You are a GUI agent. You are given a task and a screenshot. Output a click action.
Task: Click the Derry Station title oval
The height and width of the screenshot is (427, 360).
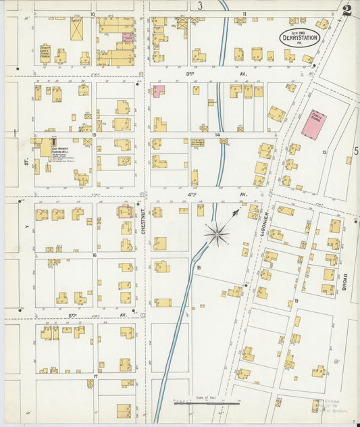299,39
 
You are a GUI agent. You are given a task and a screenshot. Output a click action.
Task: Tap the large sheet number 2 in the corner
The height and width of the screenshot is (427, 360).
346,10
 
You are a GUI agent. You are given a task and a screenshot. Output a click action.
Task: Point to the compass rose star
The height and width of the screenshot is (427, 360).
217,234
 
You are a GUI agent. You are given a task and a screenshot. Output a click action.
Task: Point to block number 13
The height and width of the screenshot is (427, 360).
324,153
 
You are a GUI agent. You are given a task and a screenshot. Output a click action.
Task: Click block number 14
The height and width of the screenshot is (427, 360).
217,135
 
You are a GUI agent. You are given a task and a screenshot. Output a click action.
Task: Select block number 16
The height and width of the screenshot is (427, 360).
95,255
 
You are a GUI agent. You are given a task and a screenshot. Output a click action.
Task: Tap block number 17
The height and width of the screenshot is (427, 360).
95,376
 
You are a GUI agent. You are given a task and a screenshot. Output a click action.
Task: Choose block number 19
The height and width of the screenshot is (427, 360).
296,301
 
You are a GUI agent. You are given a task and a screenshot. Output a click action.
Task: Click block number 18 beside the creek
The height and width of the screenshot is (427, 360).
199,268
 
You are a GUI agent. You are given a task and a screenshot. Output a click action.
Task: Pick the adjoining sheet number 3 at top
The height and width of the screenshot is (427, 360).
200,6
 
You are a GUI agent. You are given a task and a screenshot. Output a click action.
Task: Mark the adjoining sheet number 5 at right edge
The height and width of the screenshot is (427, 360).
355,151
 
